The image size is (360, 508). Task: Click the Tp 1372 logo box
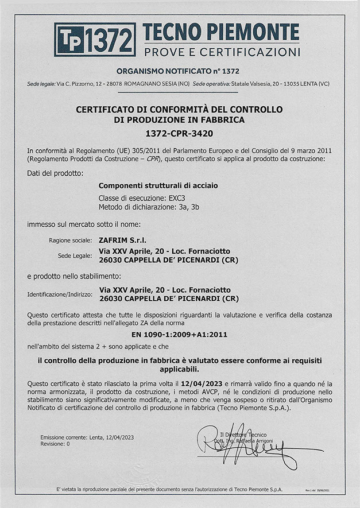(x=95, y=40)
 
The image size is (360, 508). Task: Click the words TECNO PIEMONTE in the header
(x=221, y=33)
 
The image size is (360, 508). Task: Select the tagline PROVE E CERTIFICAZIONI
(x=222, y=52)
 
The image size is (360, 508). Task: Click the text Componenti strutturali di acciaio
(x=158, y=186)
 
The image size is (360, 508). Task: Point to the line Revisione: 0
(x=55, y=444)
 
